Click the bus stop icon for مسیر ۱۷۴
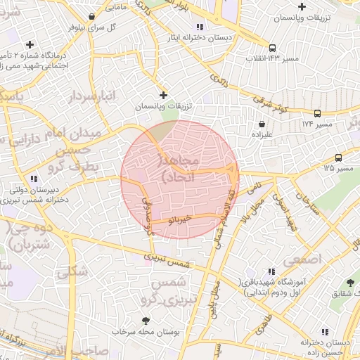point(318,113)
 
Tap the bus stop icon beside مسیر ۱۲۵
point(339,158)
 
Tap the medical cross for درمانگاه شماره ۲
point(28,44)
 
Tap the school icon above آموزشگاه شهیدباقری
point(270,271)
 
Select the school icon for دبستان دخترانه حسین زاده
point(323,331)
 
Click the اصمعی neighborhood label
point(302,260)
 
